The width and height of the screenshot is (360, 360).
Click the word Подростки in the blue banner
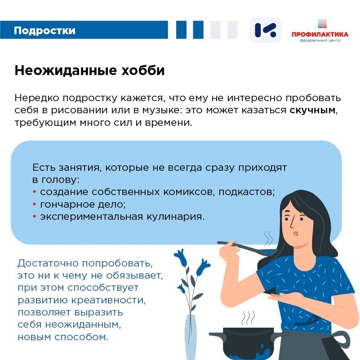click(x=44, y=31)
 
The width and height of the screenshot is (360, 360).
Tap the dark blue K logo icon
click(x=266, y=30)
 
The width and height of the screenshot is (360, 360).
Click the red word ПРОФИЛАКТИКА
click(x=320, y=35)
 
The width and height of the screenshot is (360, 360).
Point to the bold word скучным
click(x=312, y=110)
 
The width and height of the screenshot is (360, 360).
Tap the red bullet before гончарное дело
click(x=35, y=204)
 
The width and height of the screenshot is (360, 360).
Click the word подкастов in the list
click(x=246, y=192)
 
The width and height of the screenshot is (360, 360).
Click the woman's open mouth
click(x=295, y=234)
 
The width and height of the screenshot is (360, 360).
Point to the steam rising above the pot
click(x=248, y=317)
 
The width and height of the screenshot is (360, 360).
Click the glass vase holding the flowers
click(x=191, y=337)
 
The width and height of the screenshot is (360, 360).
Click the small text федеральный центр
click(x=320, y=40)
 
